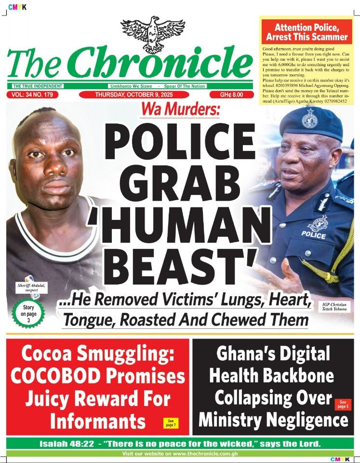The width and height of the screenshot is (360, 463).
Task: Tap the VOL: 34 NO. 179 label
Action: (x=36, y=95)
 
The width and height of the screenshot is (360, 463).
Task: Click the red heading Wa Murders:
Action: (x=180, y=110)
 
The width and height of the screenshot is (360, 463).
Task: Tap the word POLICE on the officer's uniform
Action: (x=313, y=234)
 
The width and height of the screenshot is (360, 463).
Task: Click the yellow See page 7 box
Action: (x=171, y=422)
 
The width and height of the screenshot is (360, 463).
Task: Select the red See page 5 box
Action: (x=342, y=404)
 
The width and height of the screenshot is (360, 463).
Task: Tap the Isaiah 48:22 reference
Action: (x=61, y=443)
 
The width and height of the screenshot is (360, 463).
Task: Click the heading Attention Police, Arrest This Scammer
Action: (x=307, y=32)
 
